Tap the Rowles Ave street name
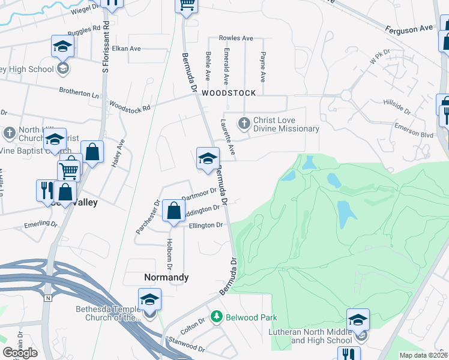tap(236, 38)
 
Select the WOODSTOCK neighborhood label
tap(229, 93)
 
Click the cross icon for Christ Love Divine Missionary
tap(244, 124)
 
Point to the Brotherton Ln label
tap(79, 94)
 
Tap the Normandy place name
tap(166, 277)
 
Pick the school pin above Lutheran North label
tap(358, 320)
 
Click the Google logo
tap(20, 353)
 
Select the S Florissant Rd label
tap(106, 47)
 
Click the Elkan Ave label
tap(126, 48)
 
